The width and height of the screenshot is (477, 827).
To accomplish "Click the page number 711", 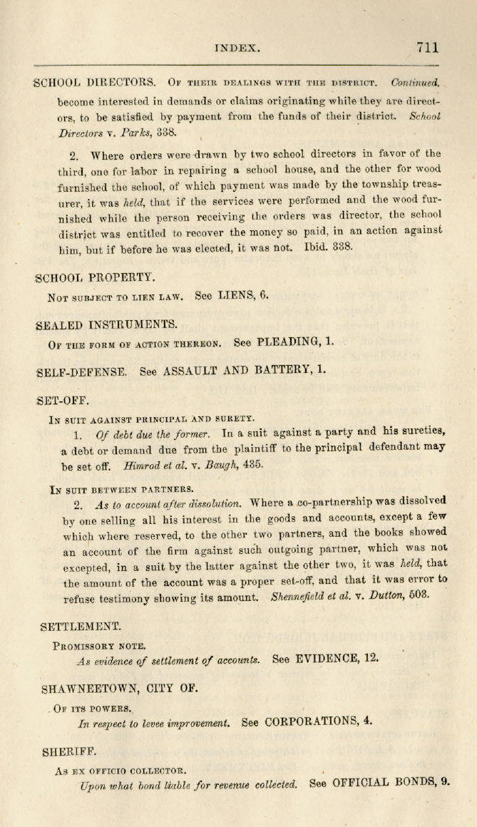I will pyautogui.click(x=428, y=48).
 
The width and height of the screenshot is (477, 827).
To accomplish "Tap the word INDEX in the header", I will pyautogui.click(x=237, y=48).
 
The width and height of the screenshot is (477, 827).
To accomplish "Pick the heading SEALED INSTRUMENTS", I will pyautogui.click(x=106, y=324).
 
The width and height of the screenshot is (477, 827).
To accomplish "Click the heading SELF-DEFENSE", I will pyautogui.click(x=81, y=371).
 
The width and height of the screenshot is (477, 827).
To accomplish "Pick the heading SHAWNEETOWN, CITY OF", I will pyautogui.click(x=120, y=689).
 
